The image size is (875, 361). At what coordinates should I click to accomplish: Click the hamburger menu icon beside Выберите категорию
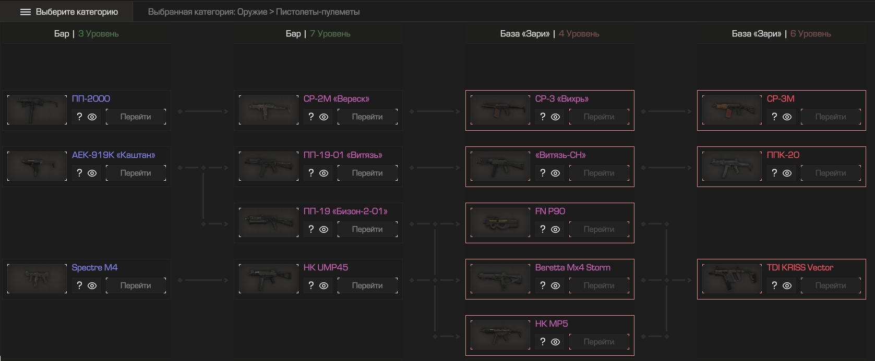click(26, 12)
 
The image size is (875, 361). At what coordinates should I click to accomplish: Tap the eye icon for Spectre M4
click(92, 286)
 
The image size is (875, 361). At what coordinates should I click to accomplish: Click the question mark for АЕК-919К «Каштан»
click(79, 173)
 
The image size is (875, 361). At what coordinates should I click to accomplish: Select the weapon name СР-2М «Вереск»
click(337, 98)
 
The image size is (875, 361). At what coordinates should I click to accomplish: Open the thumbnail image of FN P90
click(500, 222)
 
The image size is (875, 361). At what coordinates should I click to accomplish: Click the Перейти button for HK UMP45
click(367, 286)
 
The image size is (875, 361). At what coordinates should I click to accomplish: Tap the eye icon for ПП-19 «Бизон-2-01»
click(324, 230)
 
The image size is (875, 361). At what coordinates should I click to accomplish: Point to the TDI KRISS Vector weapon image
click(732, 279)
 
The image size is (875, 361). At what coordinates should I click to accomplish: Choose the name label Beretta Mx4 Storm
click(573, 267)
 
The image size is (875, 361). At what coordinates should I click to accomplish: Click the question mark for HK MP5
click(543, 342)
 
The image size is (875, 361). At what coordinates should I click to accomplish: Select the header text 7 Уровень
click(330, 33)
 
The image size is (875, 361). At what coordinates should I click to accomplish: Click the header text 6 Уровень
click(810, 33)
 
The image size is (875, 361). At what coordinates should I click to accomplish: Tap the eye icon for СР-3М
click(787, 117)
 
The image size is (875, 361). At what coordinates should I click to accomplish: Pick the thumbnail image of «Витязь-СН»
click(500, 167)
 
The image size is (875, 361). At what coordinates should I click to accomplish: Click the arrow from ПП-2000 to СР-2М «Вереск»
click(203, 111)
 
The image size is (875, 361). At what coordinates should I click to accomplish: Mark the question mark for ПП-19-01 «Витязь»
click(311, 173)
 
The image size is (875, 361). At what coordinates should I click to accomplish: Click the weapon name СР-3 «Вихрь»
click(562, 98)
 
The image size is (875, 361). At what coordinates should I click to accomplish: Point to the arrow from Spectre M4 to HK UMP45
click(203, 280)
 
